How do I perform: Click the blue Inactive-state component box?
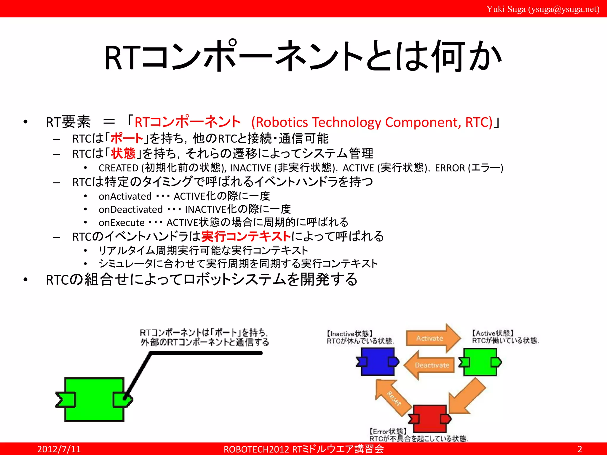[x=377, y=362]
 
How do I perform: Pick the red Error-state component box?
[x=429, y=419]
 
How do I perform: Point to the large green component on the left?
[x=94, y=399]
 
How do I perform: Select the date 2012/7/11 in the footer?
[x=59, y=449]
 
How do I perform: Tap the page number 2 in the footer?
[x=580, y=449]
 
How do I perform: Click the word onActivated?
[x=125, y=196]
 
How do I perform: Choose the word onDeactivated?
[x=131, y=209]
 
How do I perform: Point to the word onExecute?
[x=122, y=222]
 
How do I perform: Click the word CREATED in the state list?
[x=119, y=168]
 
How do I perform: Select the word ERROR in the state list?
[x=450, y=168]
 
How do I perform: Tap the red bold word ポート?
[x=127, y=138]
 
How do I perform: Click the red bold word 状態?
[x=123, y=153]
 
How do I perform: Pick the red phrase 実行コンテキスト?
[x=246, y=236]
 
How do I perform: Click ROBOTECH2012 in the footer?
[x=256, y=449]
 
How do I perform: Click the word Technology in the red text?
[x=346, y=122]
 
